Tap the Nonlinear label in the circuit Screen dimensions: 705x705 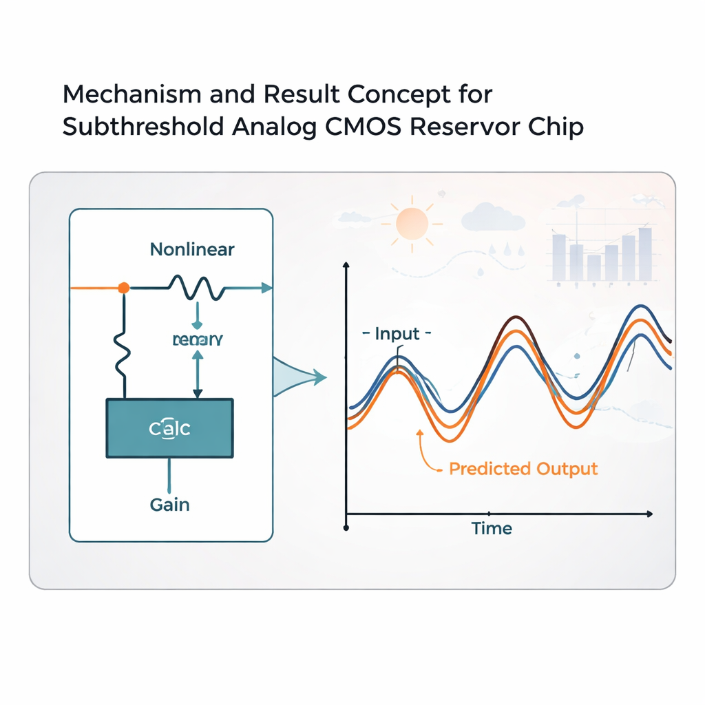coord(192,249)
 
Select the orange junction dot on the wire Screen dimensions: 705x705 coord(123,288)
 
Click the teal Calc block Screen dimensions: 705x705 coord(169,428)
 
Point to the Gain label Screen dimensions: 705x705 coord(169,505)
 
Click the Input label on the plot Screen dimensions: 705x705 coord(397,335)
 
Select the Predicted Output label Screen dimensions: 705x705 coord(523,469)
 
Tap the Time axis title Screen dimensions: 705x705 coord(492,529)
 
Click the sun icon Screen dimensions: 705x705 coord(412,221)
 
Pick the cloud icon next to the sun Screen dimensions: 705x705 coord(493,218)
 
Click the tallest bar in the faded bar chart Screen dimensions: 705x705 coord(645,254)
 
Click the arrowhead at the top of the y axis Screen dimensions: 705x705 coord(346,266)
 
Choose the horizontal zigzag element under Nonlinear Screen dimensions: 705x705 coord(198,288)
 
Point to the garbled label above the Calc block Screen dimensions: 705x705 coord(198,339)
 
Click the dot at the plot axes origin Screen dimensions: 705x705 coord(346,528)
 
